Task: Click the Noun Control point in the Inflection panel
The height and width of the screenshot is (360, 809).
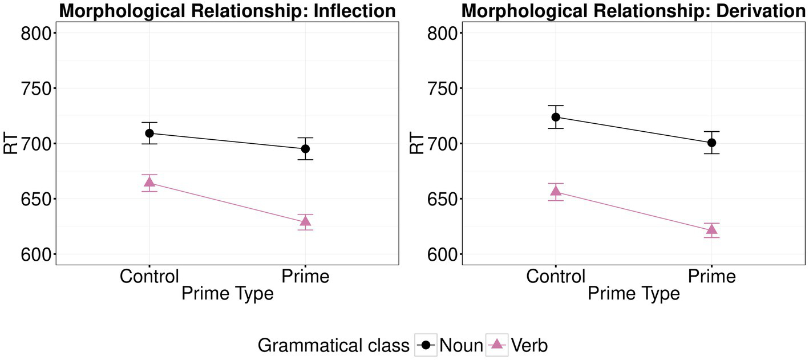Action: pos(149,133)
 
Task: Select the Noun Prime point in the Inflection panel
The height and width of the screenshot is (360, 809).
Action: pos(305,149)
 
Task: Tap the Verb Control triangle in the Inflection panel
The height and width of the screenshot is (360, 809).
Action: pos(149,181)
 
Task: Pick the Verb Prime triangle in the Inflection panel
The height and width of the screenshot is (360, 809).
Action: pos(305,221)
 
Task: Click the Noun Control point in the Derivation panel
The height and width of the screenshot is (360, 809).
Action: pos(556,117)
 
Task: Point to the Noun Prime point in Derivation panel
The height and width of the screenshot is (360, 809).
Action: pos(711,143)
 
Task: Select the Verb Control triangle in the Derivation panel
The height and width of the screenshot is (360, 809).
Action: pos(556,191)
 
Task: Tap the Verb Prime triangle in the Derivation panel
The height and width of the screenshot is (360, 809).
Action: pos(711,229)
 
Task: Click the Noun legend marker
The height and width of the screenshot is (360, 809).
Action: pos(426,345)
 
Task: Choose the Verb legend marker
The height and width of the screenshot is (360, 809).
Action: pos(497,345)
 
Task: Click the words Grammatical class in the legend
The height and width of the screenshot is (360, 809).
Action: pos(333,345)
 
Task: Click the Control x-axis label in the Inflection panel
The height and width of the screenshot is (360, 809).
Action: pos(149,276)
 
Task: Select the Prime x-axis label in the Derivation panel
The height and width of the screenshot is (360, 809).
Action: pos(711,276)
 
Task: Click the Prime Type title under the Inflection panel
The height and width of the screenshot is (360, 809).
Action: pos(227,293)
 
